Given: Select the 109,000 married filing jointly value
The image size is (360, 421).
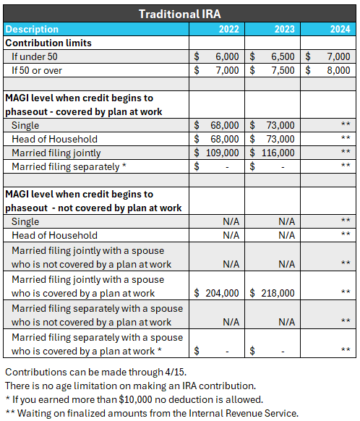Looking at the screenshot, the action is click(x=221, y=153).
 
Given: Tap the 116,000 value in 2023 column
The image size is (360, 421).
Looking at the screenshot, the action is click(x=277, y=153).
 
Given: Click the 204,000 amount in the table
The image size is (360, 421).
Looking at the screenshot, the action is click(x=221, y=293).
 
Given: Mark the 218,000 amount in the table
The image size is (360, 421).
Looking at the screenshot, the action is click(x=277, y=293).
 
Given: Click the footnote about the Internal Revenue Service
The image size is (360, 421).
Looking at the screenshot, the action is click(x=151, y=413).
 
